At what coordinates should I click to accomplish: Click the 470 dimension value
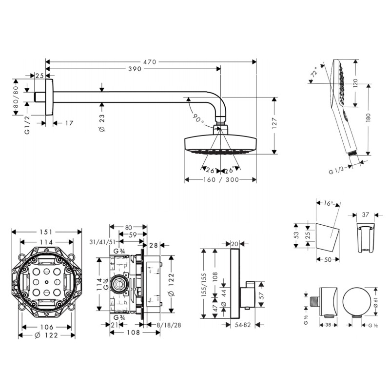click(x=150, y=62)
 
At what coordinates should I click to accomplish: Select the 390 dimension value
click(x=135, y=69)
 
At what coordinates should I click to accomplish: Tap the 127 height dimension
click(x=274, y=123)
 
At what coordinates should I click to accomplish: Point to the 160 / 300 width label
click(x=221, y=179)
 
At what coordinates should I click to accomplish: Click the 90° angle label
click(x=198, y=118)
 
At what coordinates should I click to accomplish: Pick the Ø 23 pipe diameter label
click(x=102, y=123)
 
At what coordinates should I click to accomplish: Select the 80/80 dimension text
click(x=16, y=97)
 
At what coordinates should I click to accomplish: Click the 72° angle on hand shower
click(x=314, y=72)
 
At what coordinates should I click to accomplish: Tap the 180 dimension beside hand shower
click(x=368, y=117)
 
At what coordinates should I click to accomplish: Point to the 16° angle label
click(x=328, y=203)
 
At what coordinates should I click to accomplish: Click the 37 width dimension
click(x=365, y=214)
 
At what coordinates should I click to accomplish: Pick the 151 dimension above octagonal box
click(x=46, y=232)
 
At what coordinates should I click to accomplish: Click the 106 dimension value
click(x=47, y=327)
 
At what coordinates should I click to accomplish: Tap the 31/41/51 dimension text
click(x=102, y=242)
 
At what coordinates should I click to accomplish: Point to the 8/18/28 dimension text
click(x=169, y=325)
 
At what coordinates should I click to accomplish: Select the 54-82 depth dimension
click(x=243, y=325)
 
